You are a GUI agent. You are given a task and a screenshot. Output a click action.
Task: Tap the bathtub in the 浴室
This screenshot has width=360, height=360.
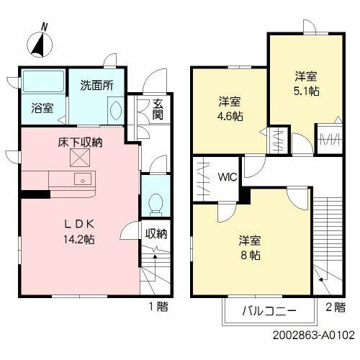coord(43,81)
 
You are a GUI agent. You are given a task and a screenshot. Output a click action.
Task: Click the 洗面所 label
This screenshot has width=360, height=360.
coord(96,86)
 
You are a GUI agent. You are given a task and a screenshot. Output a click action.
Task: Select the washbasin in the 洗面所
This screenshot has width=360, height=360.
coord(116,110)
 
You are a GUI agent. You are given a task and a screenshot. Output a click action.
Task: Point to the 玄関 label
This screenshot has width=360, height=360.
coord(158,109)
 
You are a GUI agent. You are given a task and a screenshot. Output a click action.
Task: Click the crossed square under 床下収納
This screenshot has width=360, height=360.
coord(80,158)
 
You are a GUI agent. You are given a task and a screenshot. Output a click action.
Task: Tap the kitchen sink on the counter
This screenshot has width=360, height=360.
coord(83,179)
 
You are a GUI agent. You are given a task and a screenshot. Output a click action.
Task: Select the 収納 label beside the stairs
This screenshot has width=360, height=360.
coord(156,233)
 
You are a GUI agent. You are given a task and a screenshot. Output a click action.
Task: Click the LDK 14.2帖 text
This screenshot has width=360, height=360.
coord(79,232)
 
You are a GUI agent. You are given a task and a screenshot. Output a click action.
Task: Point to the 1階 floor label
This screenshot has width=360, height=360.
coord(158,307)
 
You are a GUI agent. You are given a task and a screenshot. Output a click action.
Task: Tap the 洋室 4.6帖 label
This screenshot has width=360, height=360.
coord(230,109)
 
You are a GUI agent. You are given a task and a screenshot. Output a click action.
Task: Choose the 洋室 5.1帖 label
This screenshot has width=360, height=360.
coord(307,84)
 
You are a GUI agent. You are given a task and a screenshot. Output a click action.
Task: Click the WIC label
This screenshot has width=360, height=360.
coord(228,177)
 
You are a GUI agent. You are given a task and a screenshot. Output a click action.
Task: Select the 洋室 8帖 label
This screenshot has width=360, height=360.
coord(250,248)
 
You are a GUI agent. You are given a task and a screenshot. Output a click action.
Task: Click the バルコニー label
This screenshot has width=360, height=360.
coord(269,311)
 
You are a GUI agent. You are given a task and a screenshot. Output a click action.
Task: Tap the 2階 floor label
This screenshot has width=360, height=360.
coord(336,307)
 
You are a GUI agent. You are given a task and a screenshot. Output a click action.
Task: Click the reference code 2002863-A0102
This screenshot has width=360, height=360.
coord(314,335)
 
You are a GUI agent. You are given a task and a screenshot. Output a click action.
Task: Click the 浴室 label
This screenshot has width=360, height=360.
coord(42,108)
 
